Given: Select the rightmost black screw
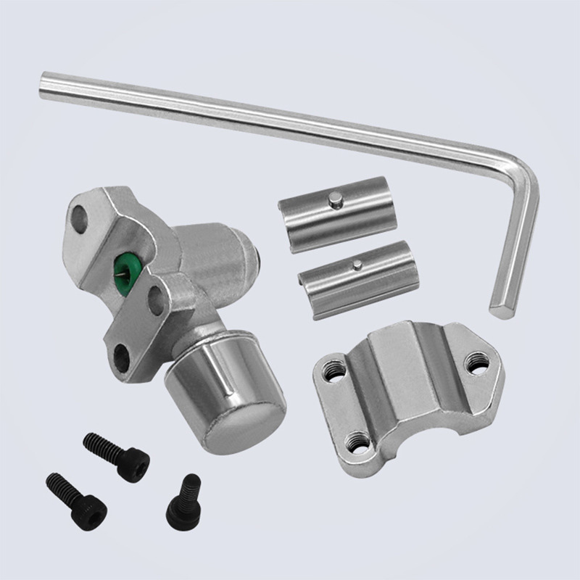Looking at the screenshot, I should tap(182, 500).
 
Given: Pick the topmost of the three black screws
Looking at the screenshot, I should tap(116, 452).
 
